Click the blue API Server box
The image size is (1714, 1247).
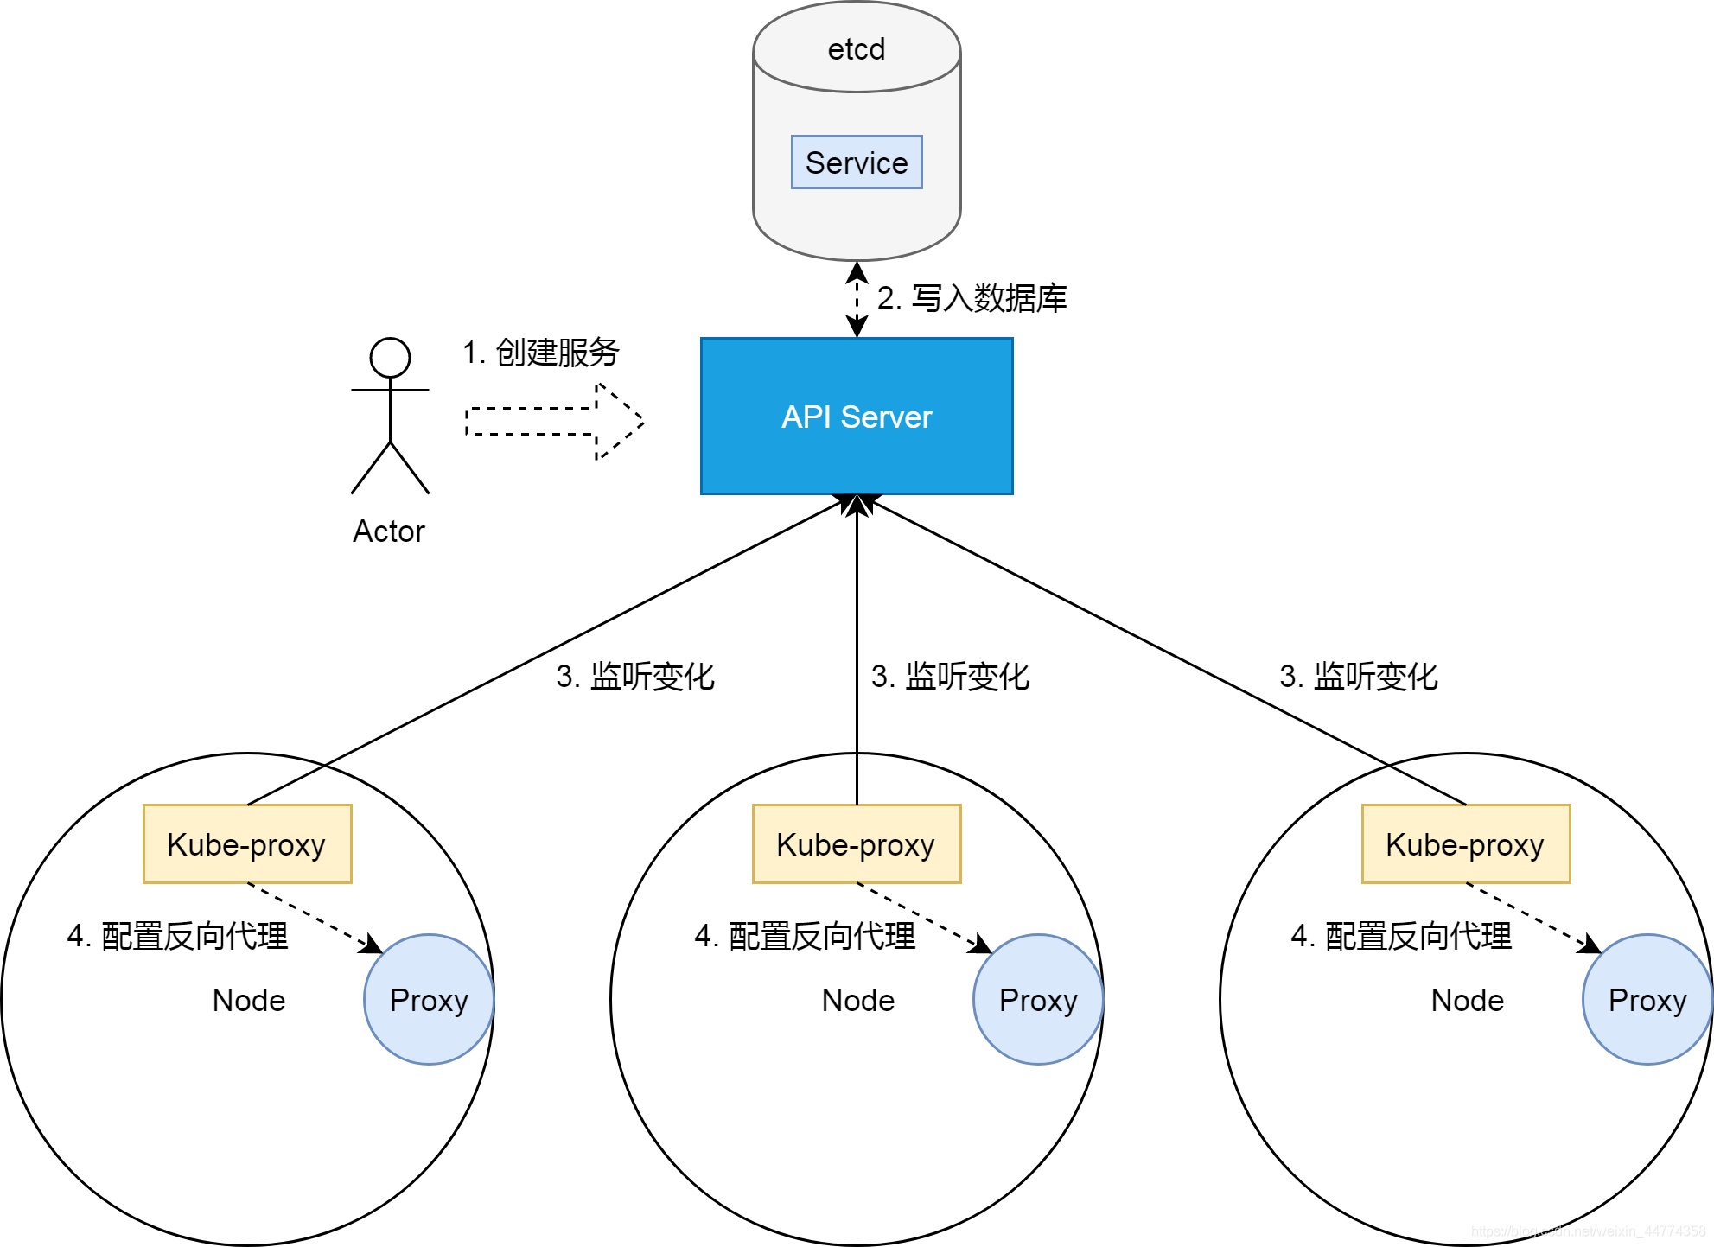pyautogui.click(x=856, y=417)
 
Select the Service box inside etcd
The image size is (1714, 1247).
pyautogui.click(x=856, y=162)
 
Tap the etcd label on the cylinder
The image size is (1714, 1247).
pyautogui.click(x=856, y=49)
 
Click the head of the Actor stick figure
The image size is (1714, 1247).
pyautogui.click(x=390, y=357)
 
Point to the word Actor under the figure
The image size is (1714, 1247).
pyautogui.click(x=389, y=531)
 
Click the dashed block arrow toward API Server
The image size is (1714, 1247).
pyautogui.click(x=553, y=421)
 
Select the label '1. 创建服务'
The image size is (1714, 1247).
pyautogui.click(x=541, y=353)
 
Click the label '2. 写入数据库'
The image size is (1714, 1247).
pyautogui.click(x=972, y=298)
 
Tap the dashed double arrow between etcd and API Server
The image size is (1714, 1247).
pyautogui.click(x=857, y=299)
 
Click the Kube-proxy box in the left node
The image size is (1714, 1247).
pyautogui.click(x=247, y=844)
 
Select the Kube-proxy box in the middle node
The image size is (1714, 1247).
pyautogui.click(x=856, y=844)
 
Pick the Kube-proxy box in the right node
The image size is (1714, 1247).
pyautogui.click(x=1465, y=844)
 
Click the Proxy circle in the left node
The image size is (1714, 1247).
pyautogui.click(x=429, y=1000)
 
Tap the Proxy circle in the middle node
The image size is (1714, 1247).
pyautogui.click(x=1037, y=1000)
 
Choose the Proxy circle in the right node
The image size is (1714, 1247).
pyautogui.click(x=1647, y=1000)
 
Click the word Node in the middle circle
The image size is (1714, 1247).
pyautogui.click(x=857, y=1000)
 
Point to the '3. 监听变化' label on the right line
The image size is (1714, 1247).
pyautogui.click(x=1358, y=677)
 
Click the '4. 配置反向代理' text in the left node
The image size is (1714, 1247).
pyautogui.click(x=177, y=936)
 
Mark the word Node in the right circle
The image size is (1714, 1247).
pyautogui.click(x=1467, y=1000)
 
